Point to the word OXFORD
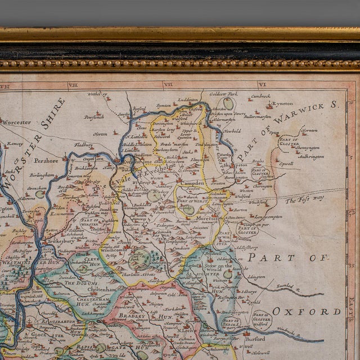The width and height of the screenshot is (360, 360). point(307,311)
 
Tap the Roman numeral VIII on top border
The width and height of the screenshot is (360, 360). point(74,85)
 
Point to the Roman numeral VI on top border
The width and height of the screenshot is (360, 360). point(262,85)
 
